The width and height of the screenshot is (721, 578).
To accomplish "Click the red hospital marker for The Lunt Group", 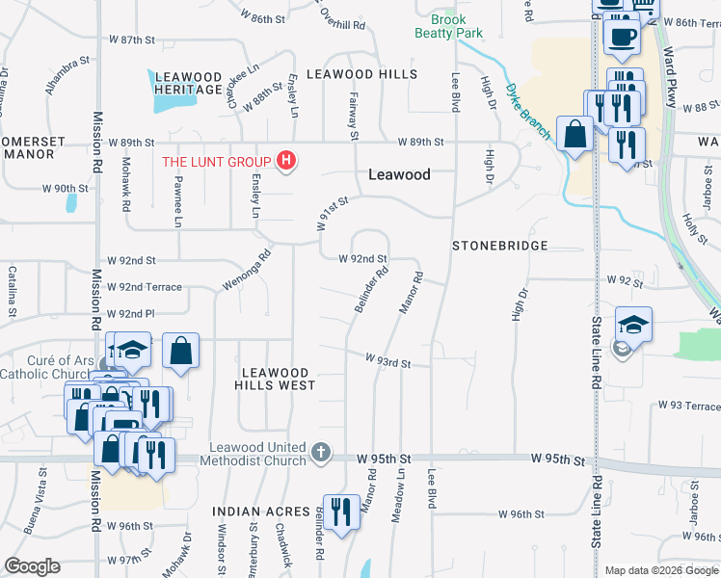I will [285, 161].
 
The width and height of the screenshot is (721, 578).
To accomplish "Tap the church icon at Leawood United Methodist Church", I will [321, 451].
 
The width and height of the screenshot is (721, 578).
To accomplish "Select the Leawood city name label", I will [399, 174].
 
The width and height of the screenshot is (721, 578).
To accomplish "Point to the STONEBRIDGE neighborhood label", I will [500, 246].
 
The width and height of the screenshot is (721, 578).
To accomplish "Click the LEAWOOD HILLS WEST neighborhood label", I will [275, 379].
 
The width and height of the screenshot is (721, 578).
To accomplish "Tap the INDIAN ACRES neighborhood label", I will [262, 512].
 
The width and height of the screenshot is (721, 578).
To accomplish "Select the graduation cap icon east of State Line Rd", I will [632, 324].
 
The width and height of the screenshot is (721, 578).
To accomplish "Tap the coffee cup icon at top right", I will [622, 37].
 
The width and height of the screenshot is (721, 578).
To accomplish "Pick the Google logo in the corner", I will [33, 566].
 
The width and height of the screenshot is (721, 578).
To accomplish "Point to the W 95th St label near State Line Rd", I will [558, 461].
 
